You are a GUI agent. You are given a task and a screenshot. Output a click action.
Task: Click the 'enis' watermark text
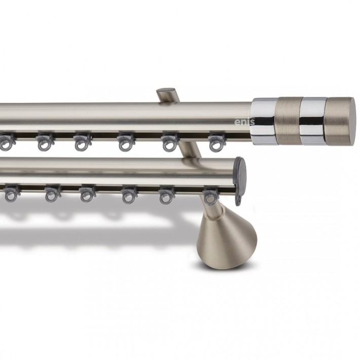tap(244, 122)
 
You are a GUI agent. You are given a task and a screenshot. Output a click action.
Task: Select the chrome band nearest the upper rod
tap(265, 121)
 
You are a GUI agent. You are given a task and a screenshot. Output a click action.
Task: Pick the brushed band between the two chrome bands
tap(290, 121)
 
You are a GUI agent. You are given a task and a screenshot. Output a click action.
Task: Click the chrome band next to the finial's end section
tap(314, 121)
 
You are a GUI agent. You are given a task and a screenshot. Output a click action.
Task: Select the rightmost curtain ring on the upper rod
tap(217, 143)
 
